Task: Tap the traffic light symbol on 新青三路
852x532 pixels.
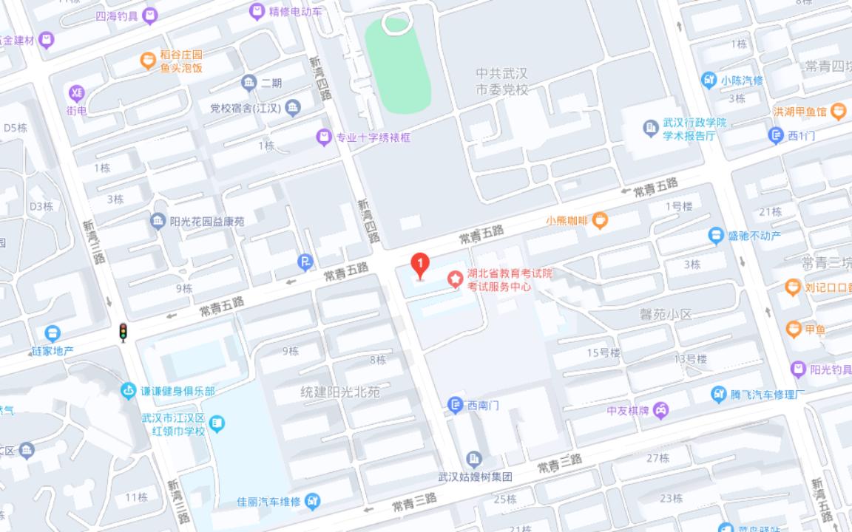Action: (x=124, y=332)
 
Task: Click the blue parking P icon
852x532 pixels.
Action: (x=305, y=262)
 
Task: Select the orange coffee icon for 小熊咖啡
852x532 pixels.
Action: (x=600, y=219)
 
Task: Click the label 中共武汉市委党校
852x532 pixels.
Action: (x=502, y=81)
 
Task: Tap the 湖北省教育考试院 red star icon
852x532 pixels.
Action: (x=456, y=279)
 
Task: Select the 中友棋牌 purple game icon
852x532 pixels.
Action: (x=660, y=410)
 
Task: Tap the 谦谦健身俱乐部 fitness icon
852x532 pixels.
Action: (x=129, y=390)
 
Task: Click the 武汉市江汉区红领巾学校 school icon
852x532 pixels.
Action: (x=217, y=423)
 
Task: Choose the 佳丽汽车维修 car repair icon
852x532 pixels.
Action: (x=313, y=502)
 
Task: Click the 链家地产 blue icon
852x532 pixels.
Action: (x=53, y=334)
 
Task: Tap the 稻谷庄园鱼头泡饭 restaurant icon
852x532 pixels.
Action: (x=148, y=61)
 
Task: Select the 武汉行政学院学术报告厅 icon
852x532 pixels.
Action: (x=650, y=129)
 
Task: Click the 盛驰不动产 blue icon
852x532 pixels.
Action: (x=715, y=236)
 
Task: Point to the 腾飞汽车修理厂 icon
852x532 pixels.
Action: (x=718, y=395)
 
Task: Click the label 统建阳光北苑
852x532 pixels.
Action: (x=340, y=392)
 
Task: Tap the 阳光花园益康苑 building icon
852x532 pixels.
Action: (x=158, y=221)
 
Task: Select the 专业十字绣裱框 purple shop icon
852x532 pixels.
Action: (x=323, y=137)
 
